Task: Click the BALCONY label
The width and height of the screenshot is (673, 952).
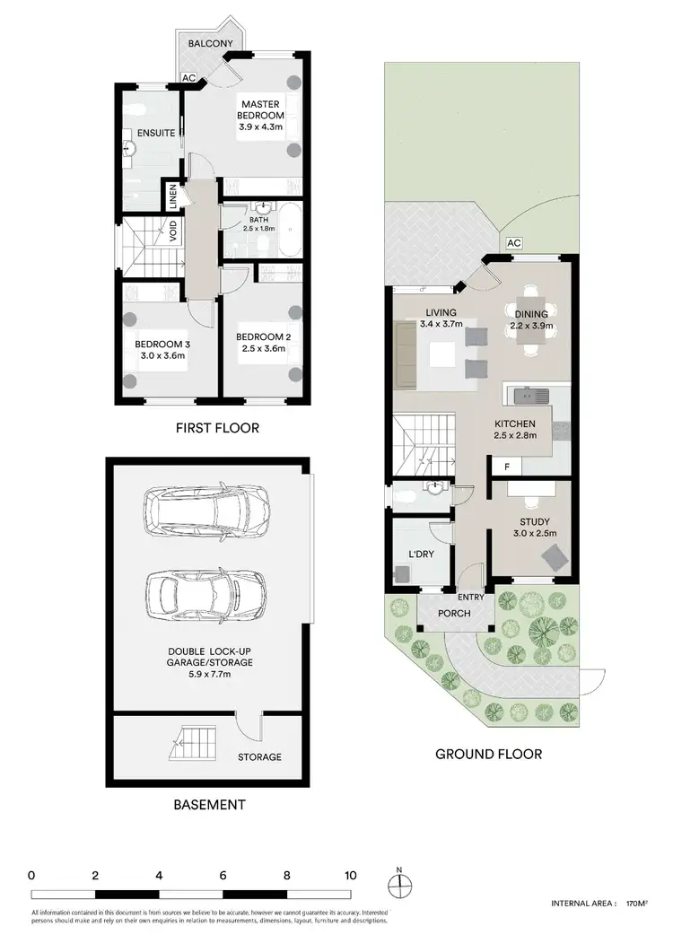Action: (211, 44)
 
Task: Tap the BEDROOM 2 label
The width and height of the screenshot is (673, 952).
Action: (263, 337)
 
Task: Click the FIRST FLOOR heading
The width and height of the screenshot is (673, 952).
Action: (217, 428)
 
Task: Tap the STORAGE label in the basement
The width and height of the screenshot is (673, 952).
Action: (260, 756)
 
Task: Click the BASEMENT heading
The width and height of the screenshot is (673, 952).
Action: (209, 805)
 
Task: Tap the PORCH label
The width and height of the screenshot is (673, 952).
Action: (455, 614)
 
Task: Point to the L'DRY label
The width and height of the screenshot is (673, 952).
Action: (421, 555)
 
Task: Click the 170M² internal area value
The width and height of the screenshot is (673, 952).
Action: (635, 904)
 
